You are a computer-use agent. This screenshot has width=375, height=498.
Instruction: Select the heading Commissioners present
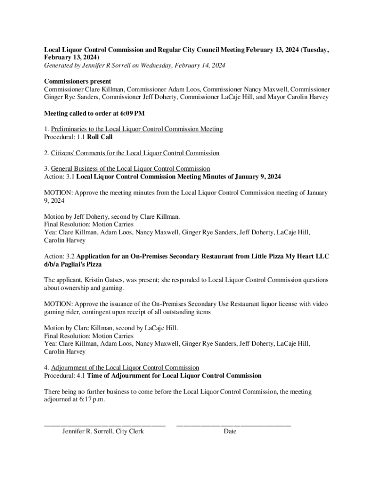pyautogui.click(x=77, y=81)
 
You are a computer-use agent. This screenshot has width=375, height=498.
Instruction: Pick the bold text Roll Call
pyautogui.click(x=100, y=137)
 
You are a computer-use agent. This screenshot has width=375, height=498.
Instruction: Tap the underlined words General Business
pyautogui.click(x=75, y=169)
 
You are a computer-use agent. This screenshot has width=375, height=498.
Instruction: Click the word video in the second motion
pyautogui.click(x=319, y=304)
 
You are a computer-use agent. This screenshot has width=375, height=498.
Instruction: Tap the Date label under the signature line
pyautogui.click(x=230, y=431)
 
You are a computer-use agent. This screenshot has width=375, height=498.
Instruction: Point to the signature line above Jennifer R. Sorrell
pyautogui.click(x=105, y=425)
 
